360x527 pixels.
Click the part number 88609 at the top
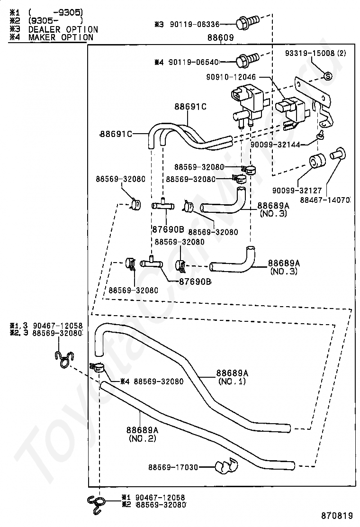220,37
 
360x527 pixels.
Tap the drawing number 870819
337,515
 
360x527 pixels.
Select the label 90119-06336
194,24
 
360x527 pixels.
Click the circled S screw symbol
328,76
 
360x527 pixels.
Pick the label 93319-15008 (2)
315,53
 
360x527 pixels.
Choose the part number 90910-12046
231,77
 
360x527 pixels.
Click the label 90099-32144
275,145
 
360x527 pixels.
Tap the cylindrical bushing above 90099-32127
317,161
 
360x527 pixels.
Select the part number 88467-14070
325,200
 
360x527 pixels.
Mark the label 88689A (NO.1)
232,377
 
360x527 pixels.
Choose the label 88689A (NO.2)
143,434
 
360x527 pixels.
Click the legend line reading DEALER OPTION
63,29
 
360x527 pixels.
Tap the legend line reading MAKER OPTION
61,37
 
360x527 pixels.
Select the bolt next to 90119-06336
247,22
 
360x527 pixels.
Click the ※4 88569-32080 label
152,381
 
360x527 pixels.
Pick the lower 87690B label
195,282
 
